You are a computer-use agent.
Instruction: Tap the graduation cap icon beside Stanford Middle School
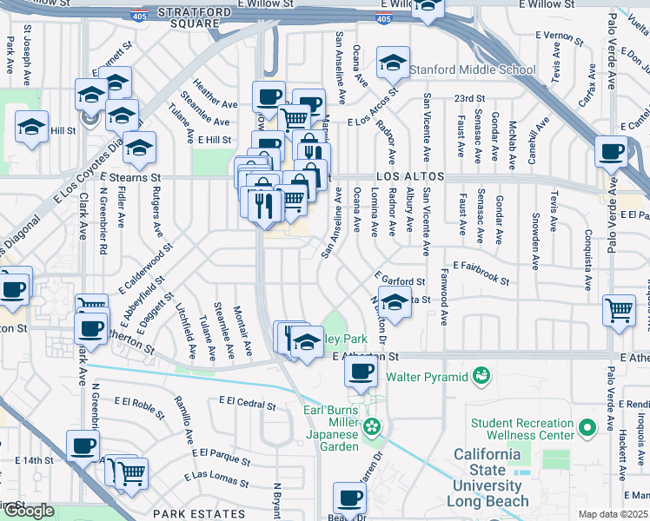click(393, 63)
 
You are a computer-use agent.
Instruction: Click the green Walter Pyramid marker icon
click(481, 377)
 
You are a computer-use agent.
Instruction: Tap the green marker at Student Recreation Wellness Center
click(588, 427)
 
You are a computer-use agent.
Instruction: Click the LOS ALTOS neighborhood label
click(410, 176)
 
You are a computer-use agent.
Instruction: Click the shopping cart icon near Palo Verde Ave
click(619, 308)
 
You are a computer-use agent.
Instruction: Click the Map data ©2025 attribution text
click(614, 514)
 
